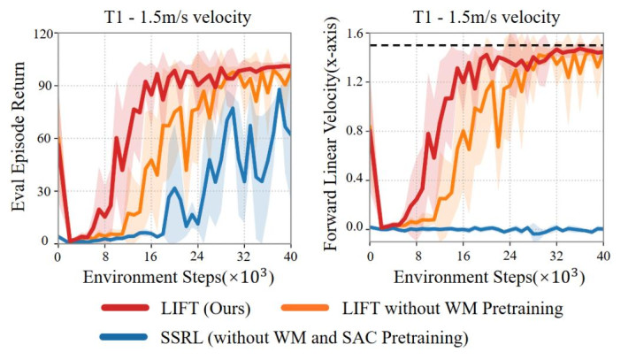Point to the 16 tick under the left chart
click(150, 256)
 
